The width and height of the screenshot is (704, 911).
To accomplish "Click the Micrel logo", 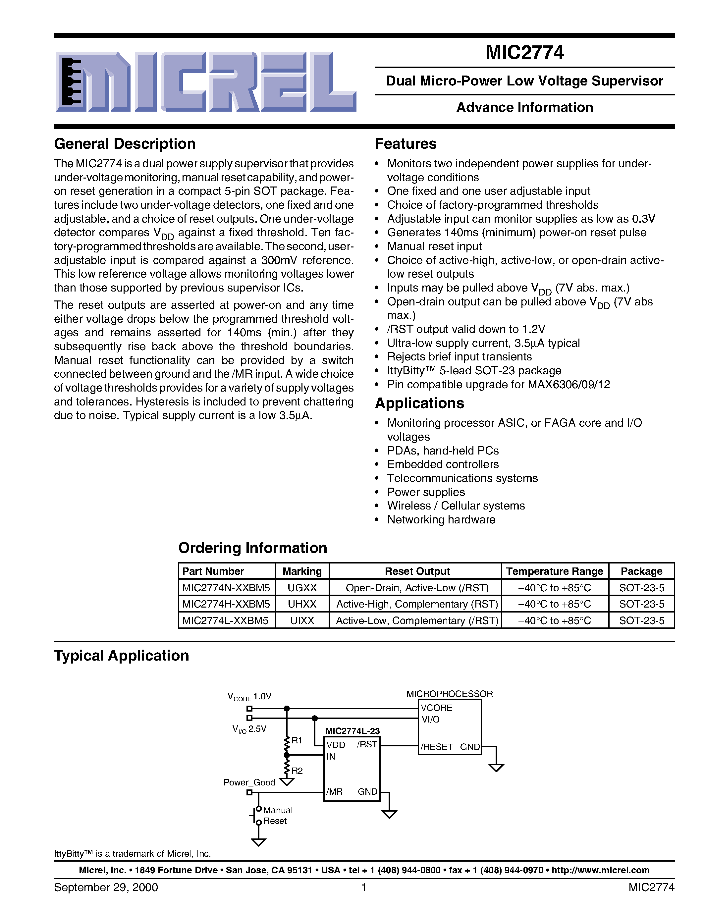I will [x=206, y=82].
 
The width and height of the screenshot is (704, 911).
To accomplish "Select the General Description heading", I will [x=125, y=144].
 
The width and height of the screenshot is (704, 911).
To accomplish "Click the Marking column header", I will [x=302, y=571].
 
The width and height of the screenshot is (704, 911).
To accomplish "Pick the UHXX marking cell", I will [x=302, y=604].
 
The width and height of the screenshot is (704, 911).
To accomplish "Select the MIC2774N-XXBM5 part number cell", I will [x=226, y=588].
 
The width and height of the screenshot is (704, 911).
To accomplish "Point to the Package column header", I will [x=641, y=571].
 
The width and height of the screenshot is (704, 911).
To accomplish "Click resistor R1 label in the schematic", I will [x=297, y=740].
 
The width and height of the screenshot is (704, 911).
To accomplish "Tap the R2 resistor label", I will [x=297, y=771].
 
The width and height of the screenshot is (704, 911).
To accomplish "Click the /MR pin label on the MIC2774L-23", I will [x=335, y=792].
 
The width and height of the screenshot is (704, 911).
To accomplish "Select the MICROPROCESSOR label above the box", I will [x=450, y=694].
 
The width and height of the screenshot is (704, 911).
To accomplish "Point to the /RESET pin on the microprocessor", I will [x=436, y=747].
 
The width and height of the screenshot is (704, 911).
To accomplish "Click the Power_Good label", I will [x=249, y=782].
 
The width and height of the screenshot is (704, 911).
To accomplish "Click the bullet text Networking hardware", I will [x=441, y=520].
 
